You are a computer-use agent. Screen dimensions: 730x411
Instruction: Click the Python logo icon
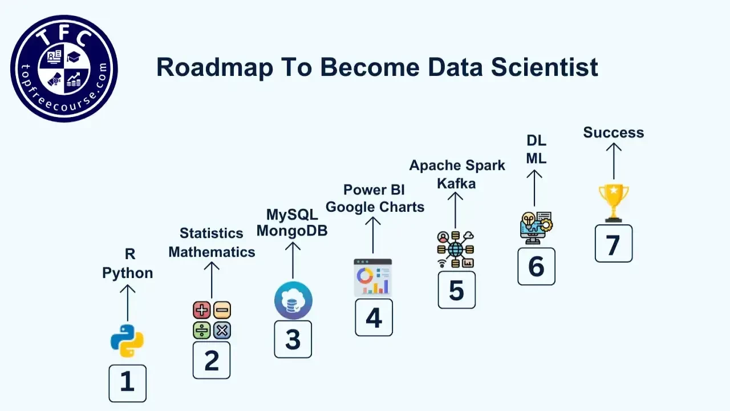click(x=127, y=341)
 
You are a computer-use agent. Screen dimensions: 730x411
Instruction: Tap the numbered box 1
click(x=127, y=383)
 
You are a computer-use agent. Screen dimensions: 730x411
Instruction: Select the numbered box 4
click(x=374, y=317)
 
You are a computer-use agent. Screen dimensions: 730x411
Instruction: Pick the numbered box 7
click(x=614, y=243)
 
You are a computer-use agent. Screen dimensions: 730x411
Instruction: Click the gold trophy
click(x=614, y=203)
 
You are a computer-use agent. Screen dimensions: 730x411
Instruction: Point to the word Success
click(x=614, y=132)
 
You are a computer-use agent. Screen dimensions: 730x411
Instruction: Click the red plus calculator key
click(x=202, y=310)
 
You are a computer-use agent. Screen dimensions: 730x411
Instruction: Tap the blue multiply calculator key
click(x=222, y=331)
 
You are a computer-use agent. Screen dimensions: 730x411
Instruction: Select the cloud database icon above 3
click(x=293, y=300)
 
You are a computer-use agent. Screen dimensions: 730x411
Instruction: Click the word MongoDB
click(x=292, y=231)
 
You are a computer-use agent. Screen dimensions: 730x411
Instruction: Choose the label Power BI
click(x=374, y=190)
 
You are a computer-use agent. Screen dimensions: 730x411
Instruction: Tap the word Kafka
click(x=456, y=183)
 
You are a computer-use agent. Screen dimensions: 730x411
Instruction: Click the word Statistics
click(x=212, y=233)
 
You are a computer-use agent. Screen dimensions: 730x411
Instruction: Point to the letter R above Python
click(x=130, y=254)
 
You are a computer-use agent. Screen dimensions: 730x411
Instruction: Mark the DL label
click(x=537, y=140)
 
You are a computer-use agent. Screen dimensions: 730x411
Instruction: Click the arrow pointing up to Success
click(x=614, y=161)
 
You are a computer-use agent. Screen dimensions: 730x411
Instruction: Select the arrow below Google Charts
click(x=373, y=235)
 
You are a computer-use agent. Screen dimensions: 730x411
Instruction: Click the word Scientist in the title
click(x=545, y=67)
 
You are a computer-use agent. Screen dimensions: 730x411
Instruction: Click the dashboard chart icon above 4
click(x=373, y=277)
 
